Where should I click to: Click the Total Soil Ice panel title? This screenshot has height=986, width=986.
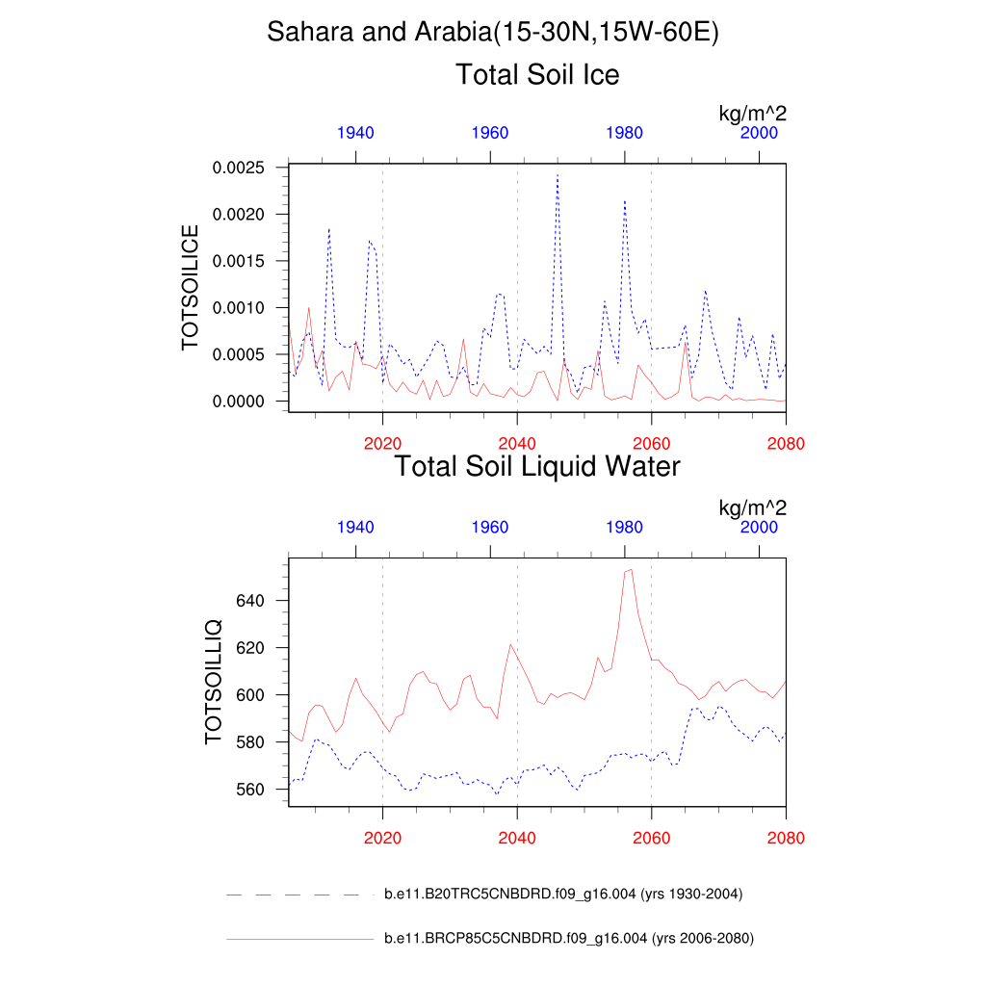pos(537,74)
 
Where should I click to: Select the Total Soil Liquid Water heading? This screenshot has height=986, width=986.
pos(537,467)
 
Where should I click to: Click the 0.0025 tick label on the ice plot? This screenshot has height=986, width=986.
pos(237,168)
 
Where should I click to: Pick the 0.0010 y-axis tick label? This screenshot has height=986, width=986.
pos(237,308)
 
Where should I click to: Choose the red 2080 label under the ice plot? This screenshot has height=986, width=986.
pos(786,444)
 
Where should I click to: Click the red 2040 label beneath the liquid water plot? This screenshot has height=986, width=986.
pos(517,838)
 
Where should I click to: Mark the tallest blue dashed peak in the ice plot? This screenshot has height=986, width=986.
pos(558,176)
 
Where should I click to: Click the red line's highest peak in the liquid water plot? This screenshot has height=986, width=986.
pos(630,569)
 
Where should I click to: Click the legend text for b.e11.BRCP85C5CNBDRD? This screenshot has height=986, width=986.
pos(568,939)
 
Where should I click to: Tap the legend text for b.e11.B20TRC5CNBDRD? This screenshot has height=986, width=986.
pos(563,895)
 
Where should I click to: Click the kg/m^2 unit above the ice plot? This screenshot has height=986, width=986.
pos(753,114)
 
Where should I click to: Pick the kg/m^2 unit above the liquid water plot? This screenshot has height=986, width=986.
pos(753,507)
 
